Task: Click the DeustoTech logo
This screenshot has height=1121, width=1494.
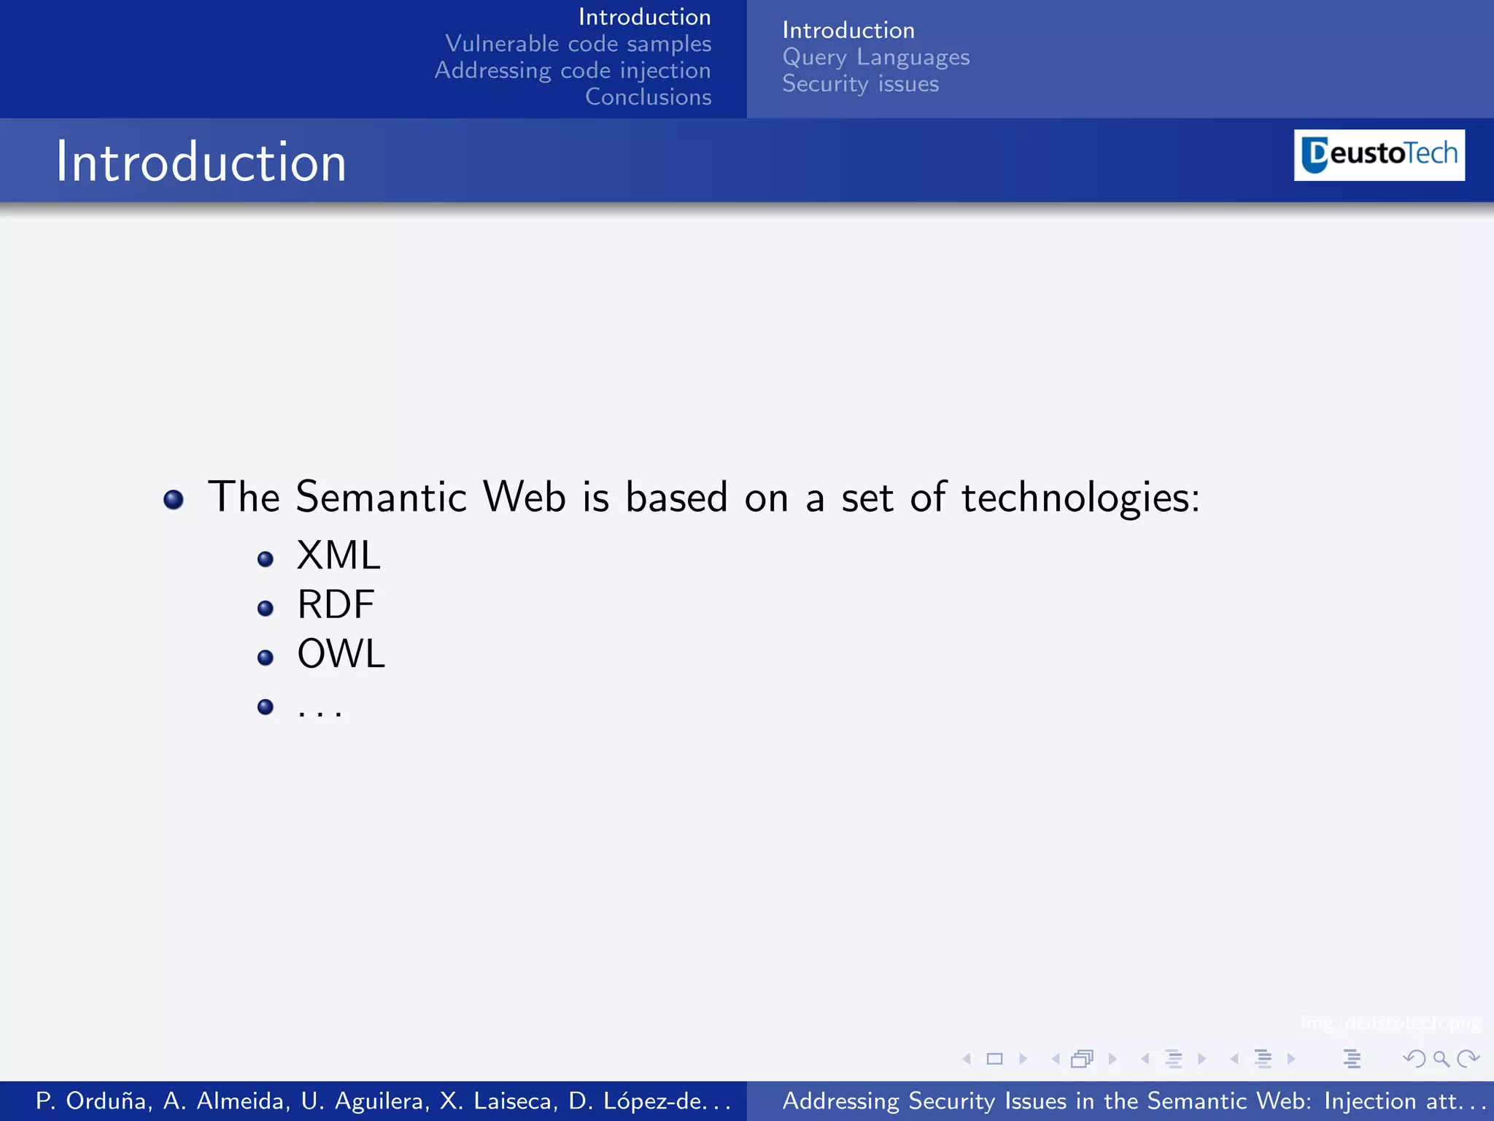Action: (x=1379, y=155)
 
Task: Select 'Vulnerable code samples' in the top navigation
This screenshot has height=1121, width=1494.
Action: (x=578, y=44)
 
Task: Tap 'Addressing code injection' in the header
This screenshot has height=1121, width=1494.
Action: (x=573, y=70)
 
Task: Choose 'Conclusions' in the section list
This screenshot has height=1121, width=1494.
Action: (x=648, y=97)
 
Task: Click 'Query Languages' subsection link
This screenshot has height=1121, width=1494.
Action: (x=875, y=57)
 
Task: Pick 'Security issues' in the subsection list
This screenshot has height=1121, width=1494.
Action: (x=860, y=84)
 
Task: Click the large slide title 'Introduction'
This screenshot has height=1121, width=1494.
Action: (x=201, y=161)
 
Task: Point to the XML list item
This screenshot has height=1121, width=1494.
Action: (x=338, y=555)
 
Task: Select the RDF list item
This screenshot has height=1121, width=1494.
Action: (x=336, y=604)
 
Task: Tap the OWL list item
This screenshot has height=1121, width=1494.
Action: (x=341, y=653)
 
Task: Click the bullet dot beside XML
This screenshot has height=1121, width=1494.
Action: (x=266, y=560)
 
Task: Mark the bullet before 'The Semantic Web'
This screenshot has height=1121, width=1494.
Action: (x=174, y=500)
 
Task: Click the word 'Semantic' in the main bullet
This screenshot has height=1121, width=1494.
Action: (x=381, y=497)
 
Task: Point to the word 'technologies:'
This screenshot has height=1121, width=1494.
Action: (x=1080, y=498)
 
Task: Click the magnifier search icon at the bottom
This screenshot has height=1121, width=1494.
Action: (x=1441, y=1058)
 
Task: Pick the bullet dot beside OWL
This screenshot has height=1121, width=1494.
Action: (x=266, y=658)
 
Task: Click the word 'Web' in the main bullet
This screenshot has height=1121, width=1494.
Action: (x=525, y=497)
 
